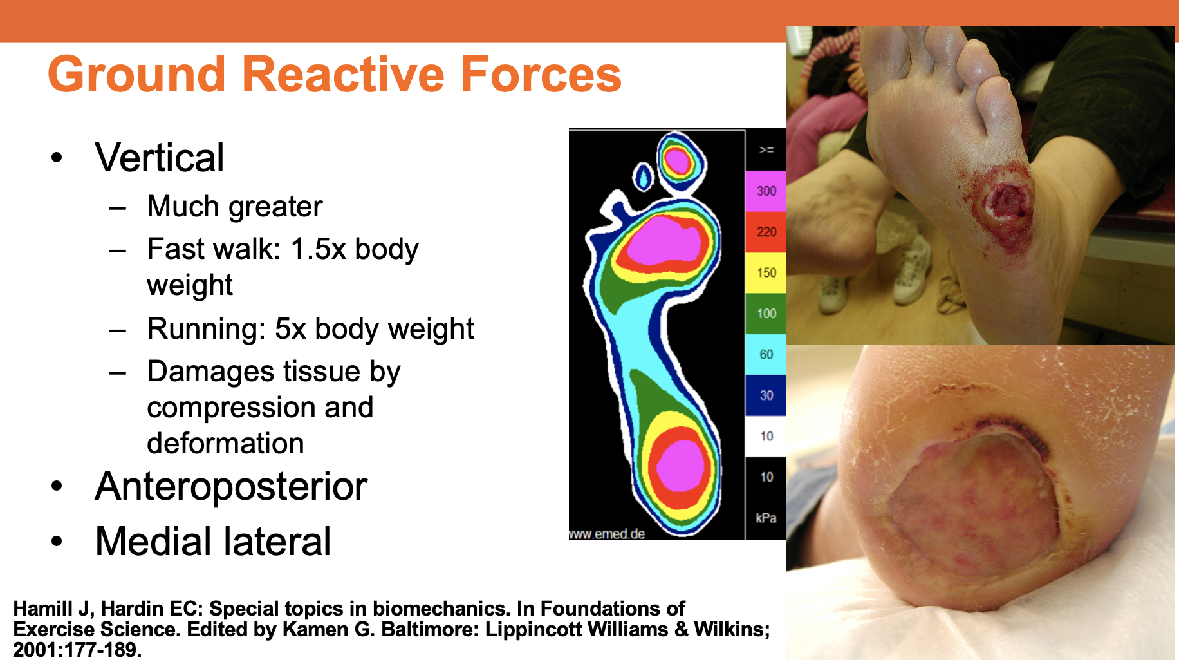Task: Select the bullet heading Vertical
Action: (159, 158)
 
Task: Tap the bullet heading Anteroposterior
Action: (231, 486)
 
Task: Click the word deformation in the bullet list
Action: (225, 444)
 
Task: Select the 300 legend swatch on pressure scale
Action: (766, 191)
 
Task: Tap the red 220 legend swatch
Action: (766, 232)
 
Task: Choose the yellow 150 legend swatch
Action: (766, 273)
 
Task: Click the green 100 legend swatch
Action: (766, 314)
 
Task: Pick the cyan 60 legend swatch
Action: (766, 355)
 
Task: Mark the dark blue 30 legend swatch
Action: (766, 395)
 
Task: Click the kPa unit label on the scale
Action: (766, 518)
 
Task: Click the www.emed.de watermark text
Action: (607, 534)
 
